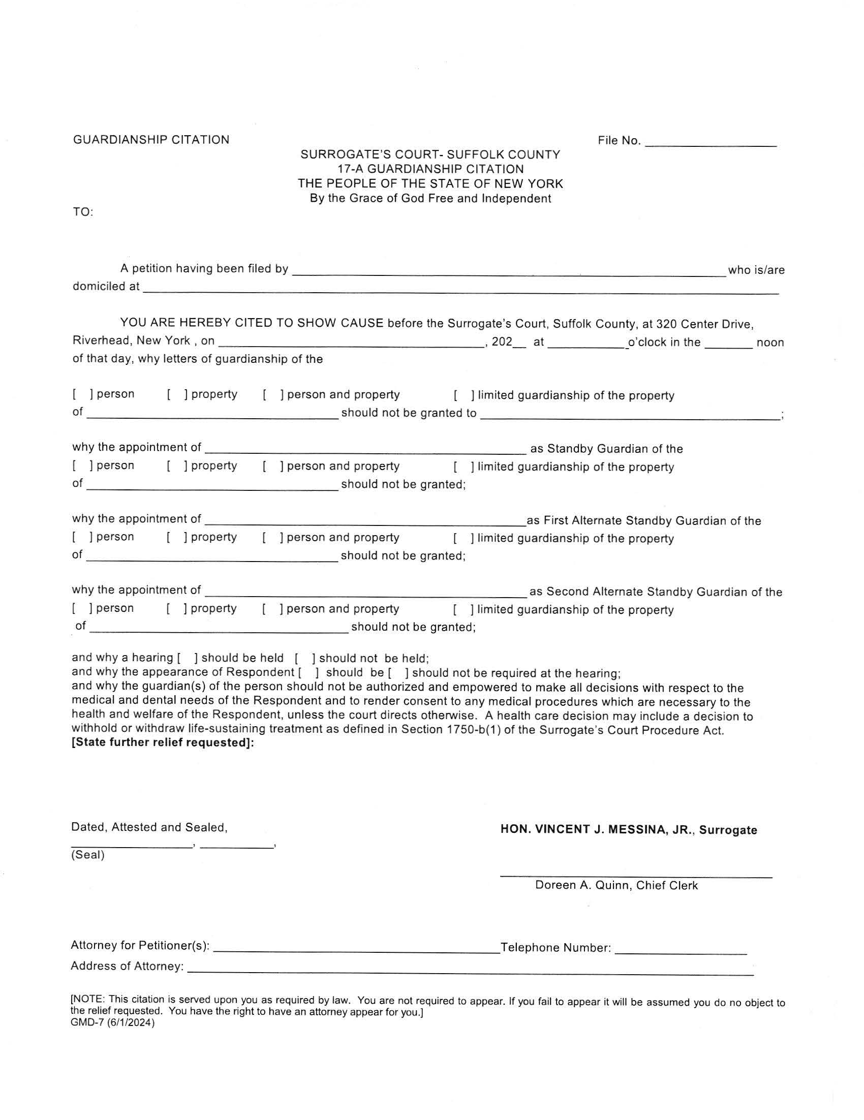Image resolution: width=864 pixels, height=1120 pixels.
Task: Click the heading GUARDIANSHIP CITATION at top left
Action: (x=151, y=140)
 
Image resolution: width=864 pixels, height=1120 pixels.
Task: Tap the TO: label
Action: (x=82, y=212)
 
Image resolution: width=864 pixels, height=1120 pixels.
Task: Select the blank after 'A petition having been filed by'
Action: (x=508, y=272)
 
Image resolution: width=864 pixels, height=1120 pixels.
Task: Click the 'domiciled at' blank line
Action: (x=460, y=290)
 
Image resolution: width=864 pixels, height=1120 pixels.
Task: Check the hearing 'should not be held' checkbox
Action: (x=304, y=658)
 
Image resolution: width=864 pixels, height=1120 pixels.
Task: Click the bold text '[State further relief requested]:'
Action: (x=163, y=743)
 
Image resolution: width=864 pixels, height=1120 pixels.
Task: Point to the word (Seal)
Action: (x=87, y=855)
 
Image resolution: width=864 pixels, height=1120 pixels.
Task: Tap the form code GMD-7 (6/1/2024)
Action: (x=112, y=1022)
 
